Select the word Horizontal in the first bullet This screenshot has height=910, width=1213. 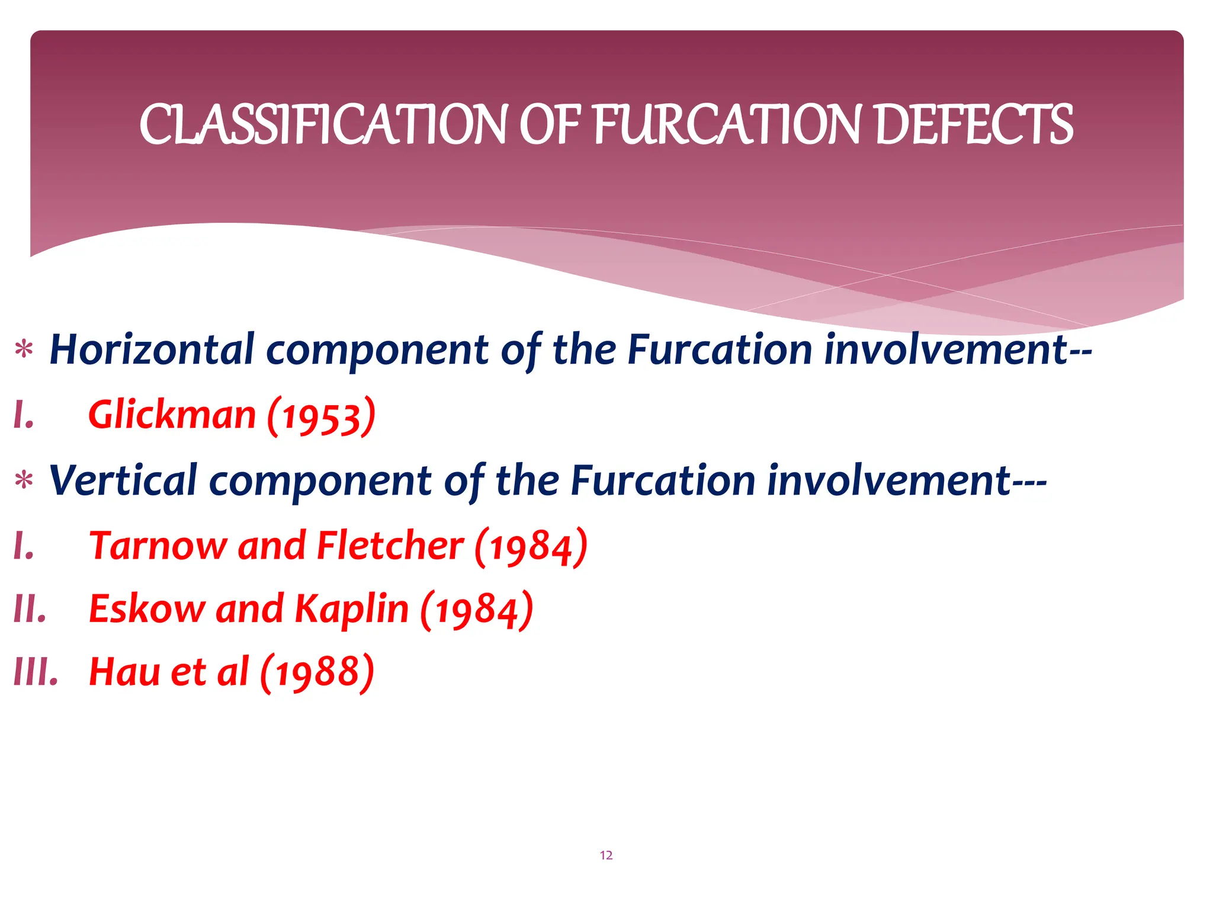(x=152, y=350)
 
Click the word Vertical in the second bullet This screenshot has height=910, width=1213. (x=123, y=480)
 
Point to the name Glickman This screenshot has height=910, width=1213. (x=172, y=415)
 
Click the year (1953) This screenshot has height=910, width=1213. (x=321, y=416)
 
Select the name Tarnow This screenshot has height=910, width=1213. (x=158, y=546)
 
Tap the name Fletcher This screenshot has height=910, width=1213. (x=390, y=546)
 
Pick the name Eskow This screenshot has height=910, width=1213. (x=146, y=609)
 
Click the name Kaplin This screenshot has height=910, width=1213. (x=352, y=609)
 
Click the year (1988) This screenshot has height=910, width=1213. (x=317, y=673)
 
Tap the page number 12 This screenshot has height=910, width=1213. (x=606, y=855)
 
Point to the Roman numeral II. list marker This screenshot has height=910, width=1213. (x=30, y=609)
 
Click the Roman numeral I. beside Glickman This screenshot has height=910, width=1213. (x=24, y=415)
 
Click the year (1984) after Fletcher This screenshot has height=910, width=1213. (x=531, y=546)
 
